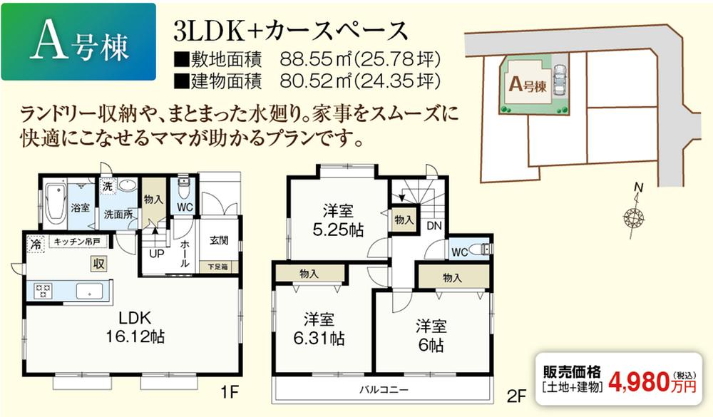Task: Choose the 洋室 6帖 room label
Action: (x=432, y=336)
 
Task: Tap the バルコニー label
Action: (x=384, y=390)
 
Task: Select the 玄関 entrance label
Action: (x=219, y=241)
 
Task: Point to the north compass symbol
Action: (x=632, y=214)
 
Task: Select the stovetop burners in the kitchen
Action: (x=42, y=291)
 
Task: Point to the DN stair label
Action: (x=433, y=226)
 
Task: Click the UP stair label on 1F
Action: (x=156, y=252)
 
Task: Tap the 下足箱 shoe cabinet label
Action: (x=218, y=267)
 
